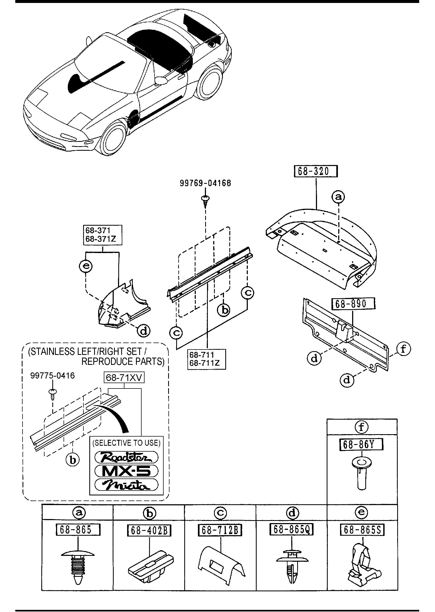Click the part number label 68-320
[x=316, y=172]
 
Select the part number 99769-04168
[x=205, y=183]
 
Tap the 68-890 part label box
[x=353, y=304]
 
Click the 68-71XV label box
[x=124, y=378]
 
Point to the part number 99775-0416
[x=53, y=376]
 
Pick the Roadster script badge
[x=126, y=458]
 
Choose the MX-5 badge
[x=126, y=471]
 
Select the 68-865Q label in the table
[x=292, y=530]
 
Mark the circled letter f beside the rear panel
[x=403, y=349]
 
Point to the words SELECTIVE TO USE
[x=126, y=442]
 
